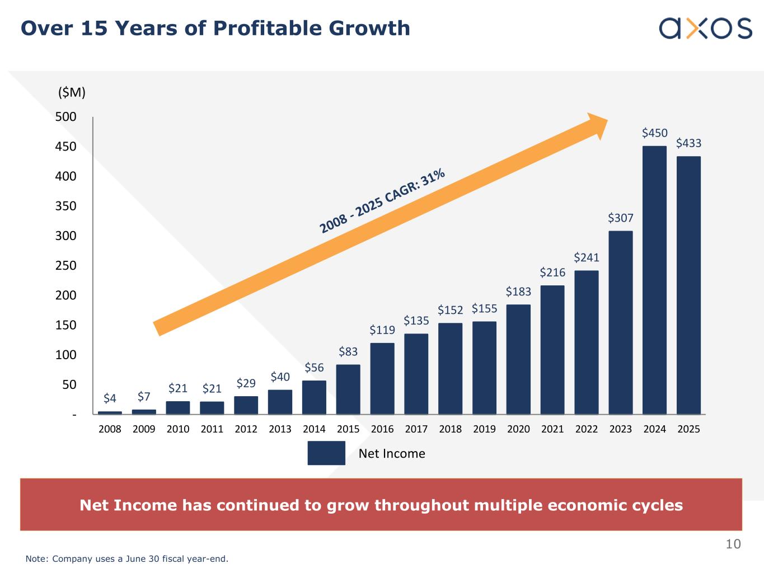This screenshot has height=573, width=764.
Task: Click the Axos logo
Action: tap(705, 28)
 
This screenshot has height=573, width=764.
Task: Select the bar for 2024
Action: tap(654, 280)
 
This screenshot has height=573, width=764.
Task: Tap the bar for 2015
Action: tap(348, 389)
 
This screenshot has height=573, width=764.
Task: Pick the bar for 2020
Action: tap(518, 359)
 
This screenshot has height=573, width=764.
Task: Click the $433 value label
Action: tap(688, 143)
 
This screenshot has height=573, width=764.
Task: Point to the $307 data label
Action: tap(621, 218)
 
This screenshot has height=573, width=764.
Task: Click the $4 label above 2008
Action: tap(110, 398)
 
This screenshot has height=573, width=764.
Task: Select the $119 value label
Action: tap(382, 330)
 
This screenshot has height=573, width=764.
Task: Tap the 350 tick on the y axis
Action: tap(66, 206)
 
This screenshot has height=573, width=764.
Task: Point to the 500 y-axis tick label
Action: tap(66, 117)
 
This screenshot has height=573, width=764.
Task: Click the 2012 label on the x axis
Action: tap(246, 429)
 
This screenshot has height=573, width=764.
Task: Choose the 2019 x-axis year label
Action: tap(484, 429)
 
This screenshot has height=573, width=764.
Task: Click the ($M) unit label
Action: tap(72, 93)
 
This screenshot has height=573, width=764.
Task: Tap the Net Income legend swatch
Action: tap(326, 453)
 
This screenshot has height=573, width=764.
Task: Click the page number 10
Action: tap(733, 544)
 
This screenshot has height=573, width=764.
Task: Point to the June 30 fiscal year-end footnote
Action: tap(127, 558)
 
